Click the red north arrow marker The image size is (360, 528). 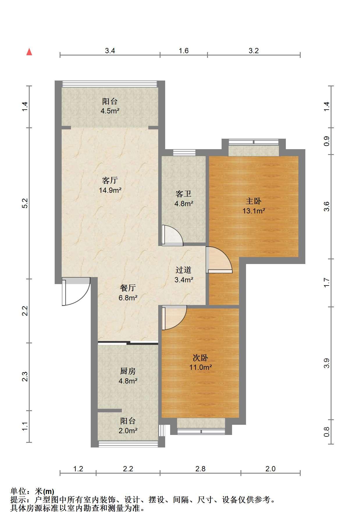29,52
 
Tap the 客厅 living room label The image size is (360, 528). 110,181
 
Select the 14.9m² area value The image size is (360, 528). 110,190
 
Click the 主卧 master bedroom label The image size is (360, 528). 254,201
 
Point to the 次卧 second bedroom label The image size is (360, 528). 200,358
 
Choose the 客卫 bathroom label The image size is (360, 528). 183,194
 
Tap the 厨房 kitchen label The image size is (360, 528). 128,371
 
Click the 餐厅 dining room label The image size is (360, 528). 128,288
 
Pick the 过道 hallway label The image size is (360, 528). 183,270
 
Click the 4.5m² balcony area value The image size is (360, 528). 110,111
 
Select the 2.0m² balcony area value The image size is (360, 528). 128,431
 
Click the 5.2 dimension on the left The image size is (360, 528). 25,203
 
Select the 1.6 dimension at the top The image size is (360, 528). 183,51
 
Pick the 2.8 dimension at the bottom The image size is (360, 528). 200,469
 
